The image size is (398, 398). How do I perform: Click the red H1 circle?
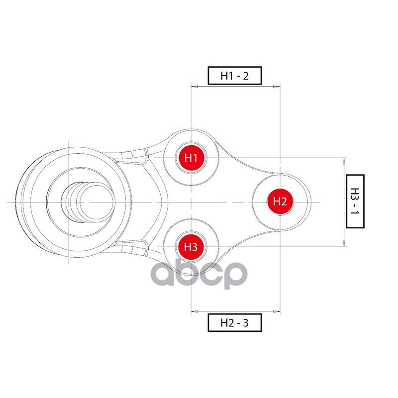[x=191, y=158]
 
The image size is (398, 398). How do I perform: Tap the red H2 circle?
[x=280, y=201]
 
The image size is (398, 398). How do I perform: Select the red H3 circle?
[x=191, y=247]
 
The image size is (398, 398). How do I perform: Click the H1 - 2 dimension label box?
[x=234, y=76]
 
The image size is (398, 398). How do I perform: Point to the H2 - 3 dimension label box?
[x=234, y=322]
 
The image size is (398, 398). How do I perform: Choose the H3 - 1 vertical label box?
[x=355, y=201]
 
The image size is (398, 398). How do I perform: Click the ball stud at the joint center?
[x=88, y=202]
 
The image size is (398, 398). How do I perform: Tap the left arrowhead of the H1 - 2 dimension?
[x=195, y=87]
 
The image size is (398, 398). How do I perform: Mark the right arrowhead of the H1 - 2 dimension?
[x=277, y=87]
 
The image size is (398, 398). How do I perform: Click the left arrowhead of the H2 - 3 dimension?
[x=195, y=311]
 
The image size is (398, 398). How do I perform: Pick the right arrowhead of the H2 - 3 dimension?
[x=277, y=311]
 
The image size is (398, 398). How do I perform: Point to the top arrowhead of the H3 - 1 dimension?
[x=344, y=161]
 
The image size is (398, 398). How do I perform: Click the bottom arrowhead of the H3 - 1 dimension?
[x=344, y=243]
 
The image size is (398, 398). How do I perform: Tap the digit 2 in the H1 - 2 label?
[x=246, y=76]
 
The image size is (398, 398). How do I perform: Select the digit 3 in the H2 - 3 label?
[x=245, y=322]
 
